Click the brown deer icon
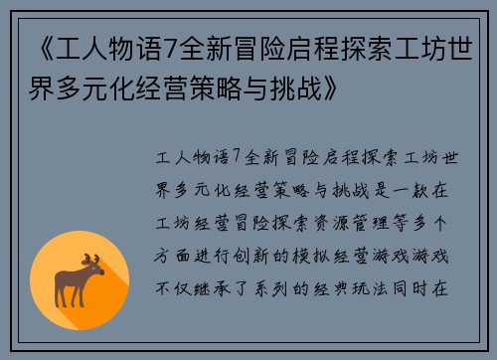82,280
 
